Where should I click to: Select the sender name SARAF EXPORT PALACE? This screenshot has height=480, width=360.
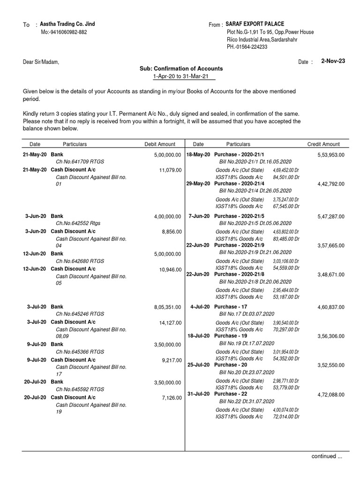pos(255,24)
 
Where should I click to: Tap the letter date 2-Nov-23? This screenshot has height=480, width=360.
pos(333,61)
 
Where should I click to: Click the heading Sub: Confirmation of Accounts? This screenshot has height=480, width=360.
pos(181,68)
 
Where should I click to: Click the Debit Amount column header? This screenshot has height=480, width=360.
pos(160,144)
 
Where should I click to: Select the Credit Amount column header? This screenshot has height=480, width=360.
pos(323,144)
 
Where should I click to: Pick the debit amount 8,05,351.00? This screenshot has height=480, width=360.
pos(167,307)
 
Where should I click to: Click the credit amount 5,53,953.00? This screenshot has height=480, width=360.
pos(331,155)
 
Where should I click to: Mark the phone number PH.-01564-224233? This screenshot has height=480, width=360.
pos(247,47)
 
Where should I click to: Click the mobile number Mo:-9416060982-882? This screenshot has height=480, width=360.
pos(63,32)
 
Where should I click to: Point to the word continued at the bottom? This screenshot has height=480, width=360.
pos(324,456)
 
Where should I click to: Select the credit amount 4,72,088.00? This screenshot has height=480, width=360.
pos(331,395)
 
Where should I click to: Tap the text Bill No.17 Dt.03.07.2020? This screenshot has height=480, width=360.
pos(247,314)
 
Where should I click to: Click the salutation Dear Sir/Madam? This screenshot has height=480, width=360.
pos(41,62)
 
